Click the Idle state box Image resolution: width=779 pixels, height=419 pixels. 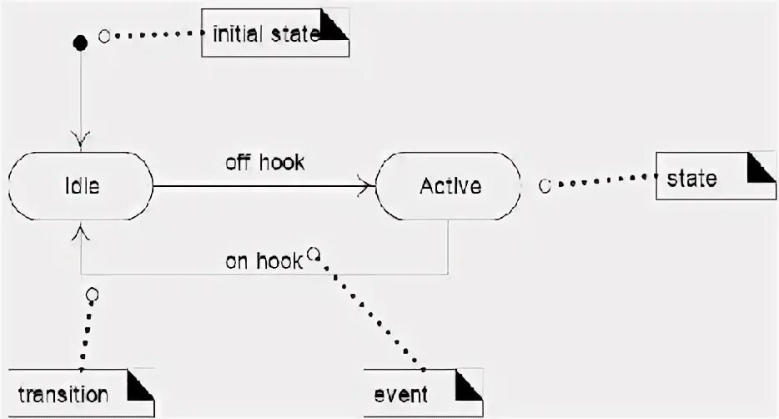click(80, 185)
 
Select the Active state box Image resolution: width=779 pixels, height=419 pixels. click(450, 185)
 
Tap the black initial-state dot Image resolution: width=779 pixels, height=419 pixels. click(81, 42)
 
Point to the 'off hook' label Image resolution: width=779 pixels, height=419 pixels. click(264, 163)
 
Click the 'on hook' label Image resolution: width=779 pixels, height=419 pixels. click(262, 261)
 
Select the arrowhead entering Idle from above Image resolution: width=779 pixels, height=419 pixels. click(81, 138)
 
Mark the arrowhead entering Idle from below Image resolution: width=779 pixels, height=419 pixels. click(81, 231)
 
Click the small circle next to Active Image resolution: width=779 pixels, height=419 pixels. click(545, 186)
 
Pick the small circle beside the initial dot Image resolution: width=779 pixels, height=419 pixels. click(104, 36)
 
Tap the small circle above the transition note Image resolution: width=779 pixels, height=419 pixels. click(92, 295)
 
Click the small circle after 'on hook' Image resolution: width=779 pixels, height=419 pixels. click(313, 253)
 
